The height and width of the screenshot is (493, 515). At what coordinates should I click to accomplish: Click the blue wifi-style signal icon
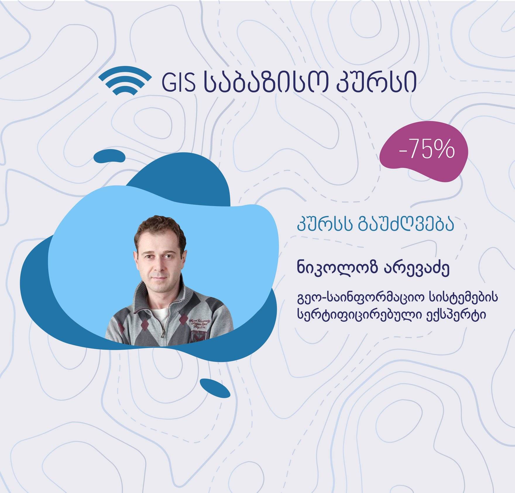[125, 81]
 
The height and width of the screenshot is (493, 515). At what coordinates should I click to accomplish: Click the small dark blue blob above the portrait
[111, 156]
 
